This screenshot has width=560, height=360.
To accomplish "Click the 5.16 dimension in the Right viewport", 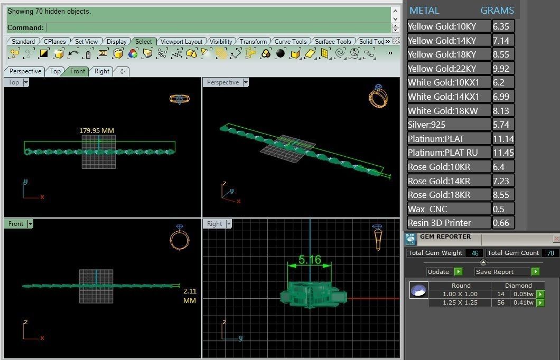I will coord(309,260).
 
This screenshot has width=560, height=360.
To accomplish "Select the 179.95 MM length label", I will coord(97,130).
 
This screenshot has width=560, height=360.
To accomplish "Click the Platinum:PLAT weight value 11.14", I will coord(502,139).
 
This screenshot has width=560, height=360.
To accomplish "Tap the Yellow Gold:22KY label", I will coord(442,69).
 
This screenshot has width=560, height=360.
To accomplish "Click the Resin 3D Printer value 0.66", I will coord(501,223).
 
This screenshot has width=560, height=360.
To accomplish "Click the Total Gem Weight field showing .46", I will coord(474,253).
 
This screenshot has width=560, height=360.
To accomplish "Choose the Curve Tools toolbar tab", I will coord(291,42).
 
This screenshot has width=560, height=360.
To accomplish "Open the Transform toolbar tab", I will coord(253,42).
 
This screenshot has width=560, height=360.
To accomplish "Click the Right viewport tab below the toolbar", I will coord(102,71).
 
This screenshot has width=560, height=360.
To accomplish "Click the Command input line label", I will coord(25,27).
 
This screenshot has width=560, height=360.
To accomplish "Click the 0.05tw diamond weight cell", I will coord(524,294).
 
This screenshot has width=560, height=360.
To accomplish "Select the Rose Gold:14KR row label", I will coord(439,181).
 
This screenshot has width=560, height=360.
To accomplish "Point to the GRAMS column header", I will coord(497,11).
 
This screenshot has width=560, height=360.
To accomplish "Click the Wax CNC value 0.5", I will coord(498,209).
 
